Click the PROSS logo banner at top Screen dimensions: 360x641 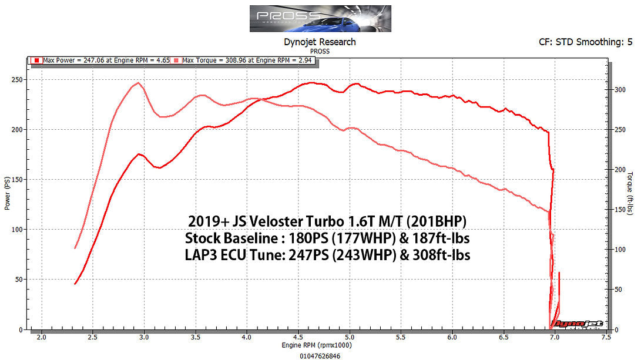pos(320,18)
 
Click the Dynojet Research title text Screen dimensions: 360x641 pos(320,42)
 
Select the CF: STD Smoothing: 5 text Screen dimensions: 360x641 pos(585,42)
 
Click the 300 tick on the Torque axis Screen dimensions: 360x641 pos(619,90)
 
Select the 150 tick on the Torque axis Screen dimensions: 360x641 pos(619,210)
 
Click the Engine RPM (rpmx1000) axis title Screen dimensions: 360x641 pos(320,346)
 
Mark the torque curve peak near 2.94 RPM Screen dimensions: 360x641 pos(137,83)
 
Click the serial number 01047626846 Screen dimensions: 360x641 pos(320,356)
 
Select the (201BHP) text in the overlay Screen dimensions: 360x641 pos(434,221)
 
